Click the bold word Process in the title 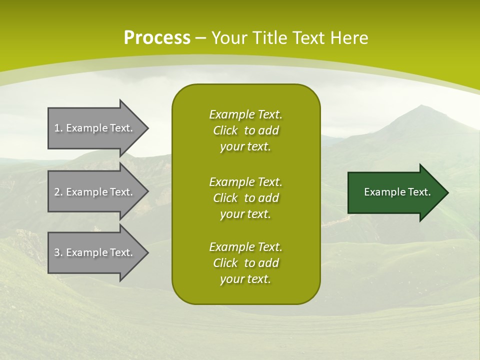tap(157, 37)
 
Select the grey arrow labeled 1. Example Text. tap(95, 128)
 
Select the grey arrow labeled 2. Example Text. tap(95, 192)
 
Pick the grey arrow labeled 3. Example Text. tap(95, 252)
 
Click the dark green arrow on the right tap(395, 192)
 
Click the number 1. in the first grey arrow tap(58, 128)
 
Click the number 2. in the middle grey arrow tap(58, 192)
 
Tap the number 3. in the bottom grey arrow tap(58, 252)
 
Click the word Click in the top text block tap(225, 130)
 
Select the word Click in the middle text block tap(225, 198)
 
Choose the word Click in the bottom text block tap(225, 263)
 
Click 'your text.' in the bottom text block tap(245, 279)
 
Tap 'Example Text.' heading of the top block tap(245, 114)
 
